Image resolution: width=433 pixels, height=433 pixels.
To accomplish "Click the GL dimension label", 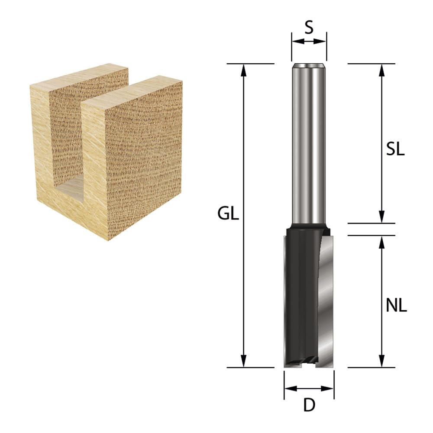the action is (228, 213).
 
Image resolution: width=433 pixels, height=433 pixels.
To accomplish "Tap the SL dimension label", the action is (395, 149).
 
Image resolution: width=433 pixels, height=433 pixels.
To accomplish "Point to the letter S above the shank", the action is (309, 27).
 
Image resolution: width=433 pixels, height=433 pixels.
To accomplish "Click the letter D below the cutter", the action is (309, 405).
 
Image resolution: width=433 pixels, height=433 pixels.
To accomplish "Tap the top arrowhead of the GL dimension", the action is (243, 70).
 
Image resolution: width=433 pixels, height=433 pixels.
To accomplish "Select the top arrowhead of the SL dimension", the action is (381, 70).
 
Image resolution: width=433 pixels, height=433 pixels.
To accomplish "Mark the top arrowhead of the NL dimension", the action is (381, 242).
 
